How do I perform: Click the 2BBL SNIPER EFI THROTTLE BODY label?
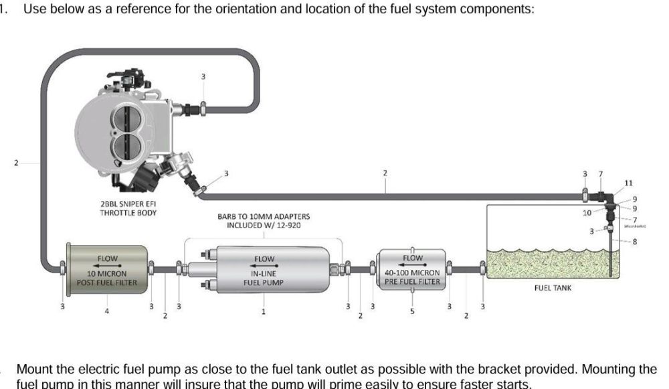tap(128, 209)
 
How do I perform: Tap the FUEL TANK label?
tap(552, 288)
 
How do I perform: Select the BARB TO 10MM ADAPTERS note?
tap(264, 221)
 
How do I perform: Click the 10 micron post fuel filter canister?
tap(106, 270)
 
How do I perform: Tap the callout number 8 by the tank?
tap(634, 242)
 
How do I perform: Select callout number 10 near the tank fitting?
tap(587, 212)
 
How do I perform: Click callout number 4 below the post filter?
tap(106, 311)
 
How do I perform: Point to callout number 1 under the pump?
tap(264, 311)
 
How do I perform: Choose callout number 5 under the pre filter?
tap(412, 311)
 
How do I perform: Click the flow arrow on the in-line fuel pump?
tap(264, 265)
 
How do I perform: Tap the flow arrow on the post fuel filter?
tap(107, 265)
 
